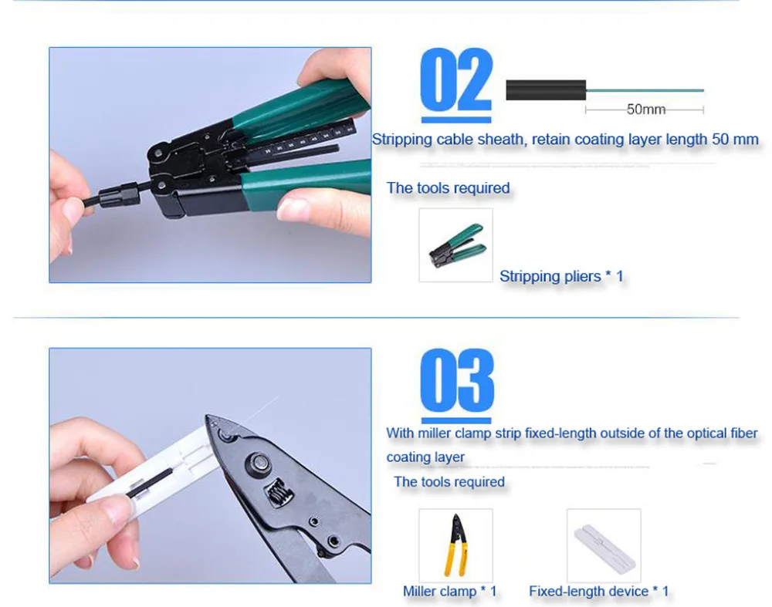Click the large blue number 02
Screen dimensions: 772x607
coord(456,80)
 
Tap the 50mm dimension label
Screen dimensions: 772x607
coord(645,110)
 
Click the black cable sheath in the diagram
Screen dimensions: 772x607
coord(546,90)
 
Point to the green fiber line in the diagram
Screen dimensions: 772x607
coord(645,90)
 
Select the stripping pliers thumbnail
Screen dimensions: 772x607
coord(456,245)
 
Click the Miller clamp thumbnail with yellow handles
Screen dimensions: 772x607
coord(456,545)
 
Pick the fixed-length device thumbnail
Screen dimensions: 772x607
coord(604,545)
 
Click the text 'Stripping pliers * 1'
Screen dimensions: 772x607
coord(561,276)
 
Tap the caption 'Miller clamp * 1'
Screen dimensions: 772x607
coord(449,591)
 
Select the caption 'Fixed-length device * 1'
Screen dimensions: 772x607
coord(599,591)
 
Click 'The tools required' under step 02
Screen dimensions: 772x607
coord(448,188)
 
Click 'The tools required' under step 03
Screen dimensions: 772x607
coord(449,481)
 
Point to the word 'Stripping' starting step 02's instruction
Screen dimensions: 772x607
coord(402,140)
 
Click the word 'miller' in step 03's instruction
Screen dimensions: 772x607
coord(435,433)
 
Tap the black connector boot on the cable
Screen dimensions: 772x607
coord(119,196)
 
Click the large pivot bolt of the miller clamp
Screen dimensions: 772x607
coord(260,462)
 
